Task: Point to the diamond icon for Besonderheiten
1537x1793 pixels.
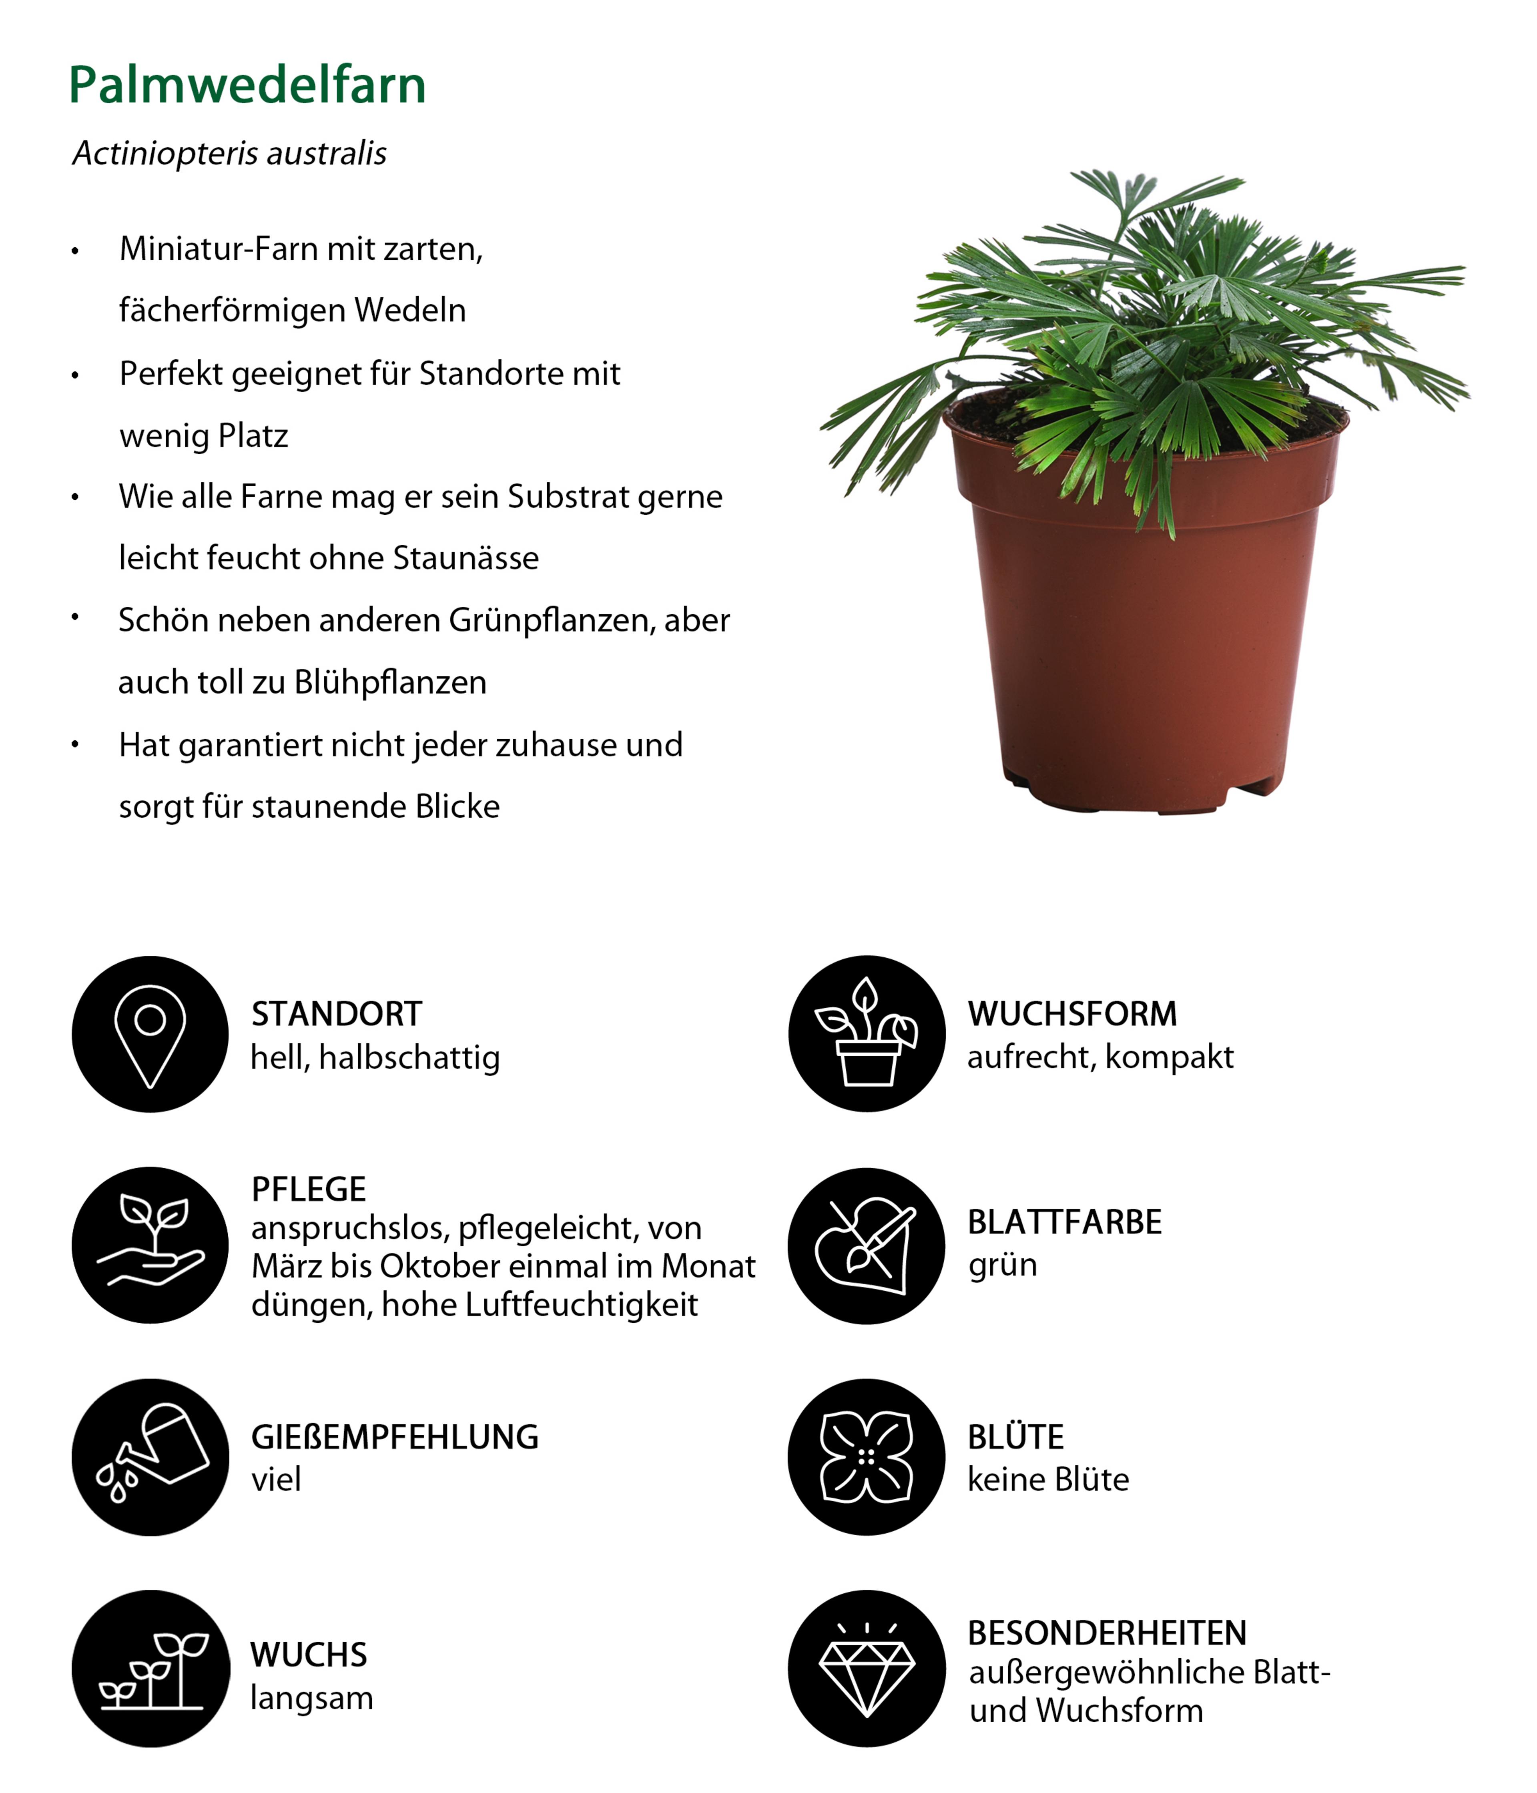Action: click(x=866, y=1667)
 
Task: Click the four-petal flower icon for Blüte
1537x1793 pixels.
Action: click(x=866, y=1456)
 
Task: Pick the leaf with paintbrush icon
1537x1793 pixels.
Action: click(x=866, y=1245)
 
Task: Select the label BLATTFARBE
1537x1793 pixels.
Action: click(x=1064, y=1222)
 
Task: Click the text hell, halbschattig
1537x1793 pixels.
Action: click(x=375, y=1057)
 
